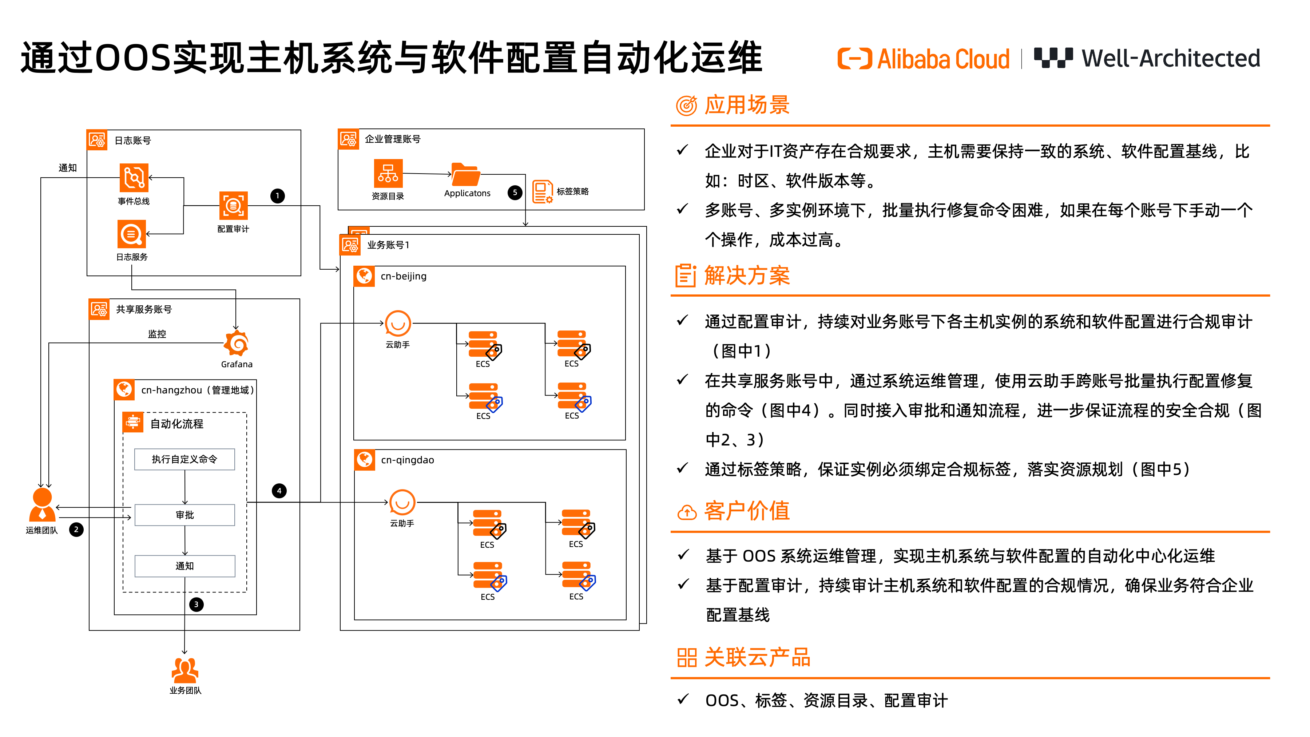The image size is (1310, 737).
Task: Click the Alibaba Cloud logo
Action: (x=923, y=59)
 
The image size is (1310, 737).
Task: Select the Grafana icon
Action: (x=237, y=343)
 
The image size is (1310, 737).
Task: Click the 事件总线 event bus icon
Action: (x=134, y=178)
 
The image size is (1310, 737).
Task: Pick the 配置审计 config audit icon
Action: (x=233, y=206)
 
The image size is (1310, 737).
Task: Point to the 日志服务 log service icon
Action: (x=132, y=234)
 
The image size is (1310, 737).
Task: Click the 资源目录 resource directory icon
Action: (x=388, y=174)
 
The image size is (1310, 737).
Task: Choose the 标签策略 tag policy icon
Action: (x=543, y=192)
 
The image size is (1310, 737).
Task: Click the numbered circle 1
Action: (x=278, y=196)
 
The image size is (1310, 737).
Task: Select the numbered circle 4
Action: (x=279, y=491)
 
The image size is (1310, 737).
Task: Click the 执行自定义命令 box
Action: (x=184, y=459)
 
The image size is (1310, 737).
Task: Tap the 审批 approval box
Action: (x=184, y=515)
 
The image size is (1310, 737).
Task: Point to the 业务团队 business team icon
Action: (x=184, y=670)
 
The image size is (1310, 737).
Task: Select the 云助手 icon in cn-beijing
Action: (x=398, y=324)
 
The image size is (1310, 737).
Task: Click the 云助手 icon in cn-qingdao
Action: (x=402, y=503)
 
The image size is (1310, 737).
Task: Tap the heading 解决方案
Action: (x=747, y=276)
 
